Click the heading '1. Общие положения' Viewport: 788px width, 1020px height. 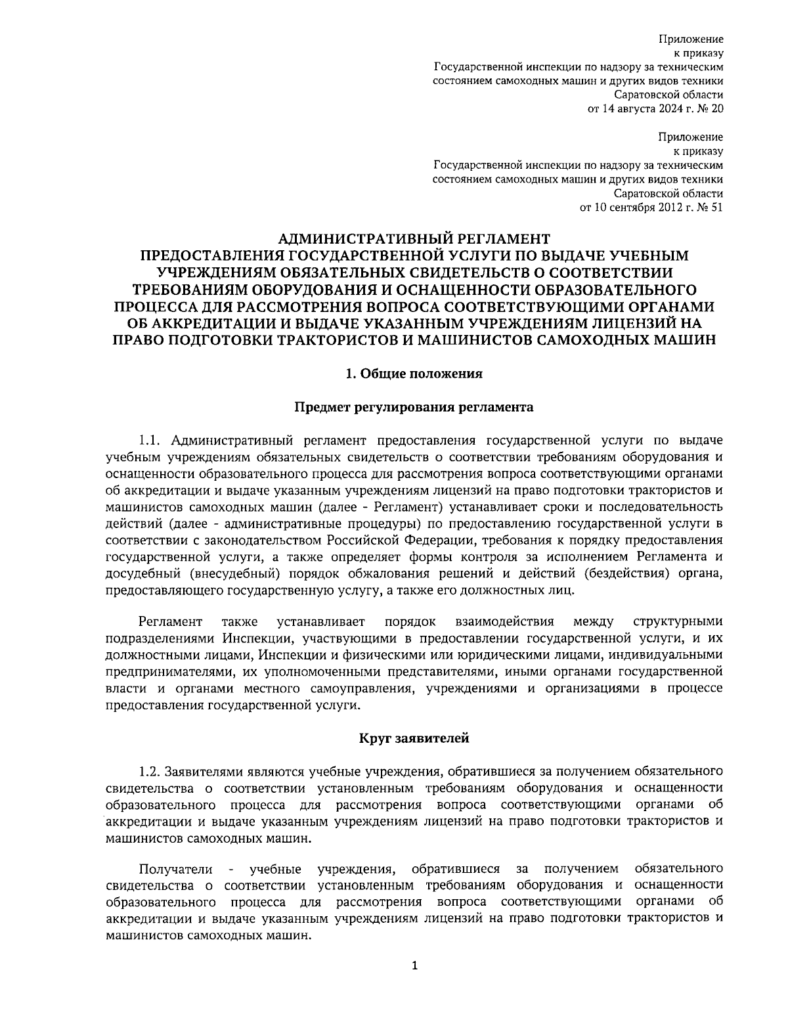(414, 374)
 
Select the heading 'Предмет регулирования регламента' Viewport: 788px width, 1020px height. (414, 407)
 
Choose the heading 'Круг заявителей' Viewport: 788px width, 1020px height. (414, 738)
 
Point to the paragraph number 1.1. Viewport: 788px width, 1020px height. (150, 439)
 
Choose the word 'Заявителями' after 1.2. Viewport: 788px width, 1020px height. (199, 770)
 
